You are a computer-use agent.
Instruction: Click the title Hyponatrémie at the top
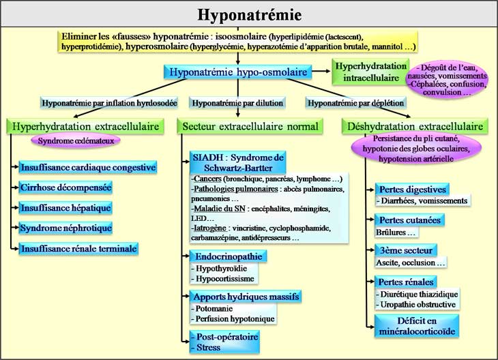point(249,14)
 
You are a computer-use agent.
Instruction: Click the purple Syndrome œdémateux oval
point(76,140)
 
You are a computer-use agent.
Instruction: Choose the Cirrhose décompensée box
point(66,186)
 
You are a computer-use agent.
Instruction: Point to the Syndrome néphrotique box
point(66,227)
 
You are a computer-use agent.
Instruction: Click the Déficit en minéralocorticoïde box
point(415,326)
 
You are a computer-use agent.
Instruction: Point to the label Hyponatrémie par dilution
point(237,104)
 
